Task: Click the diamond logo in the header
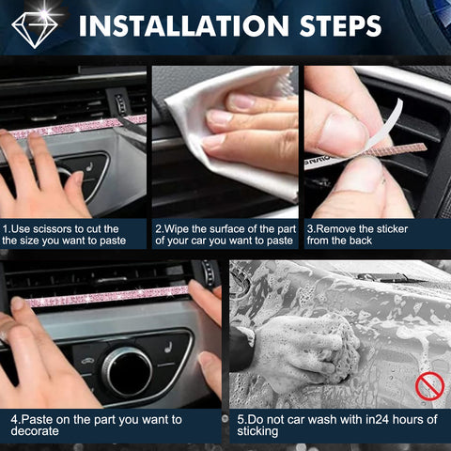[35, 30]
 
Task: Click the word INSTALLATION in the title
[184, 25]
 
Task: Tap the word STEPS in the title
[340, 25]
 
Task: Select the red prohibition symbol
[429, 386]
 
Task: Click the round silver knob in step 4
[127, 372]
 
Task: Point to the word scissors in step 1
[52, 229]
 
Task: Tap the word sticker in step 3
[392, 229]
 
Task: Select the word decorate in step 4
[35, 431]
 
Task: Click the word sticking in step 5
[257, 431]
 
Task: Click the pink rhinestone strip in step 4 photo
[106, 296]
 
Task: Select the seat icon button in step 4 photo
[168, 348]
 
